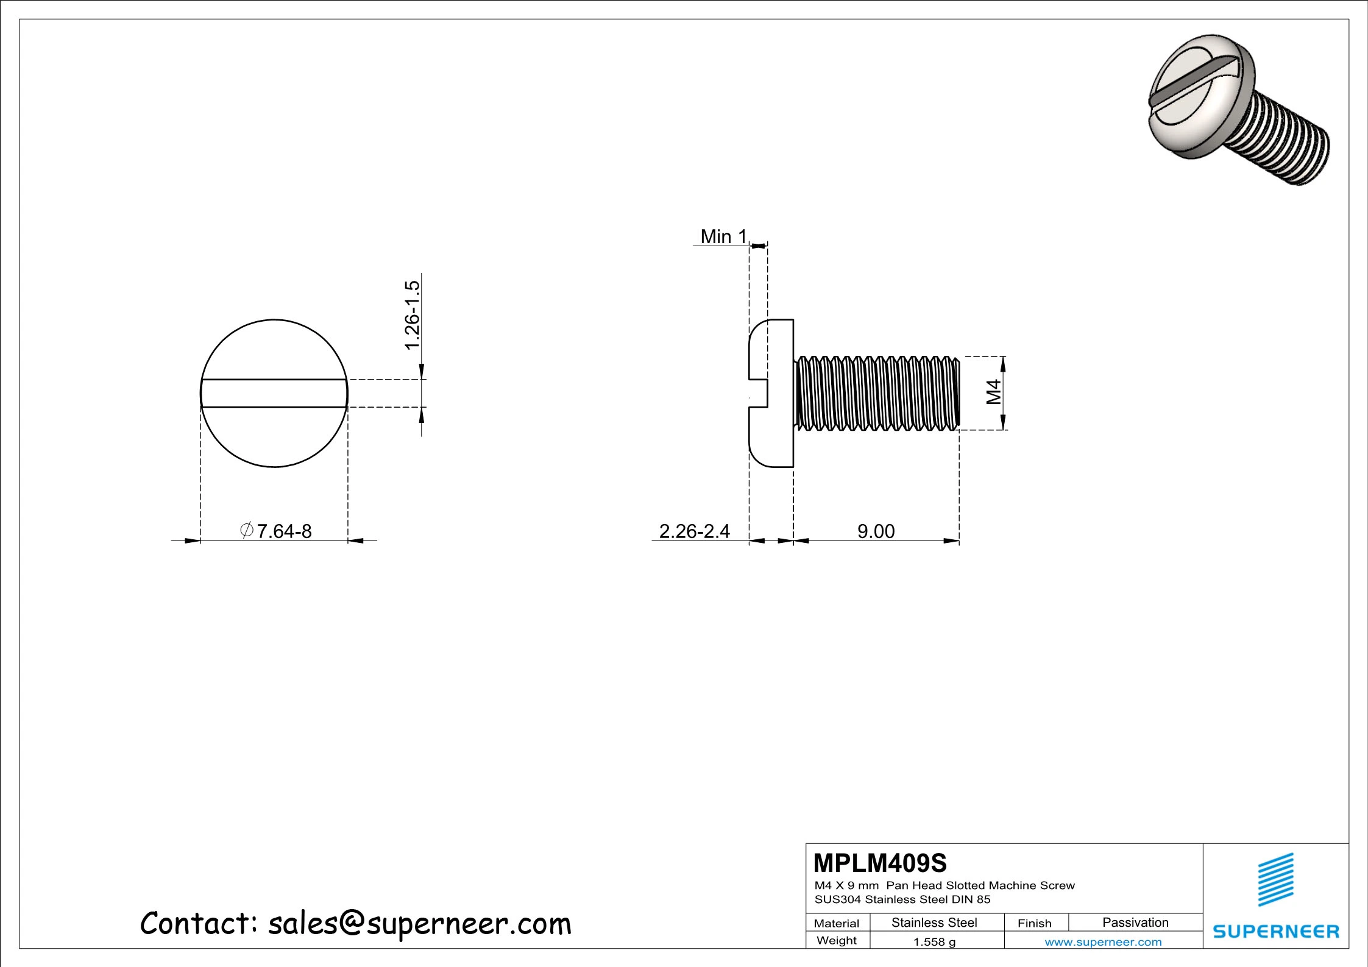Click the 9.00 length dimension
876,531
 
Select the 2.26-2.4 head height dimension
694,531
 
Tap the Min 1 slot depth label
723,236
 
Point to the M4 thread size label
994,392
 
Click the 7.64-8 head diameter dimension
277,531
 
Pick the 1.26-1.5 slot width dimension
413,315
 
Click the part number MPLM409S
880,863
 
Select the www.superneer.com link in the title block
1103,942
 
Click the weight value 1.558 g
934,942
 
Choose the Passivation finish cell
1135,923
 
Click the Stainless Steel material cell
934,923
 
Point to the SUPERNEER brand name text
1276,932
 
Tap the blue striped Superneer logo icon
1276,880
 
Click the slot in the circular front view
274,393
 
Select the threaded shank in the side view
877,393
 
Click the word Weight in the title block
836,940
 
